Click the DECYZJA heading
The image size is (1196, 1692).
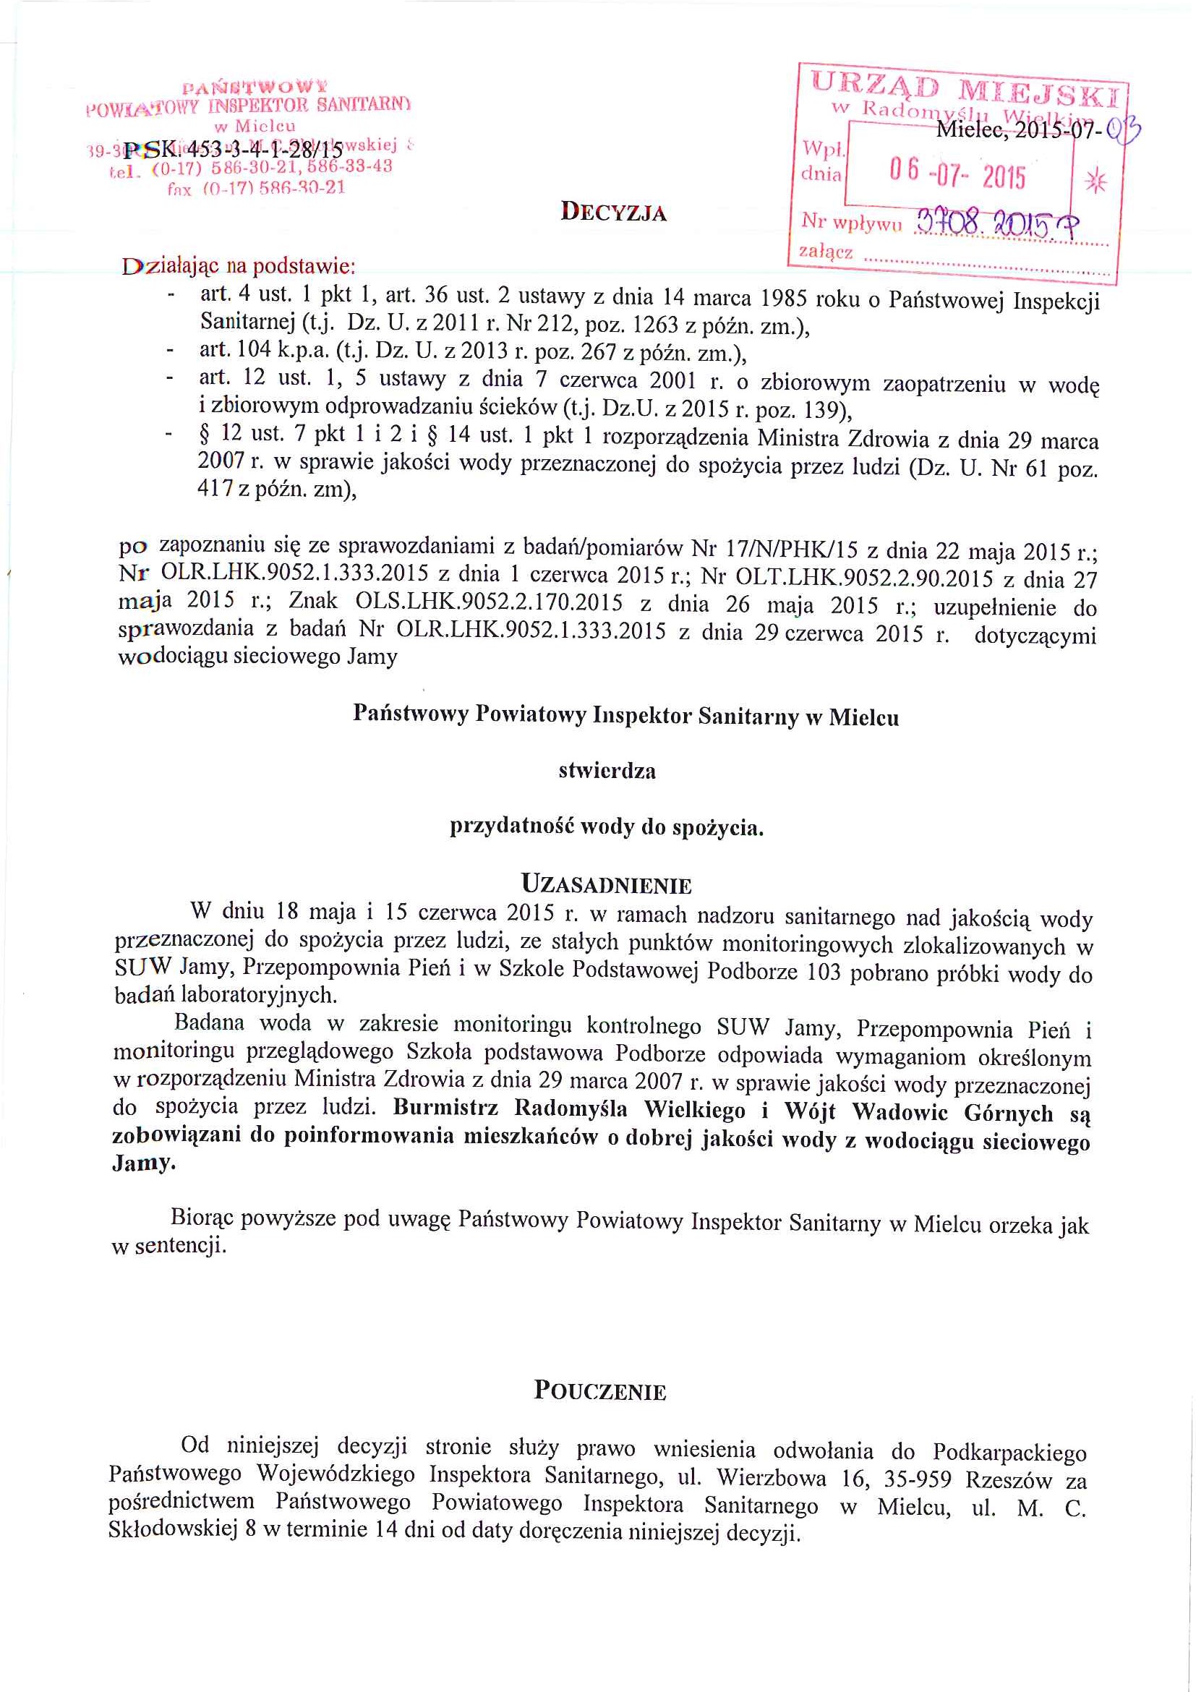613,213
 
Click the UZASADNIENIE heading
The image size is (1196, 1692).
606,884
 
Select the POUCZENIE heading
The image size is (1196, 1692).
600,1390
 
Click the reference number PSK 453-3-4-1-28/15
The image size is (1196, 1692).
234,150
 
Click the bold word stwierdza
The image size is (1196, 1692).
607,771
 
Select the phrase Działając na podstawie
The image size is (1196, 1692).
239,265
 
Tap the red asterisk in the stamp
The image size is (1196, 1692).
1095,181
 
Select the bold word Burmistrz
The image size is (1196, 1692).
445,1108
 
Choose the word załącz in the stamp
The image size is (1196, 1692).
825,252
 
